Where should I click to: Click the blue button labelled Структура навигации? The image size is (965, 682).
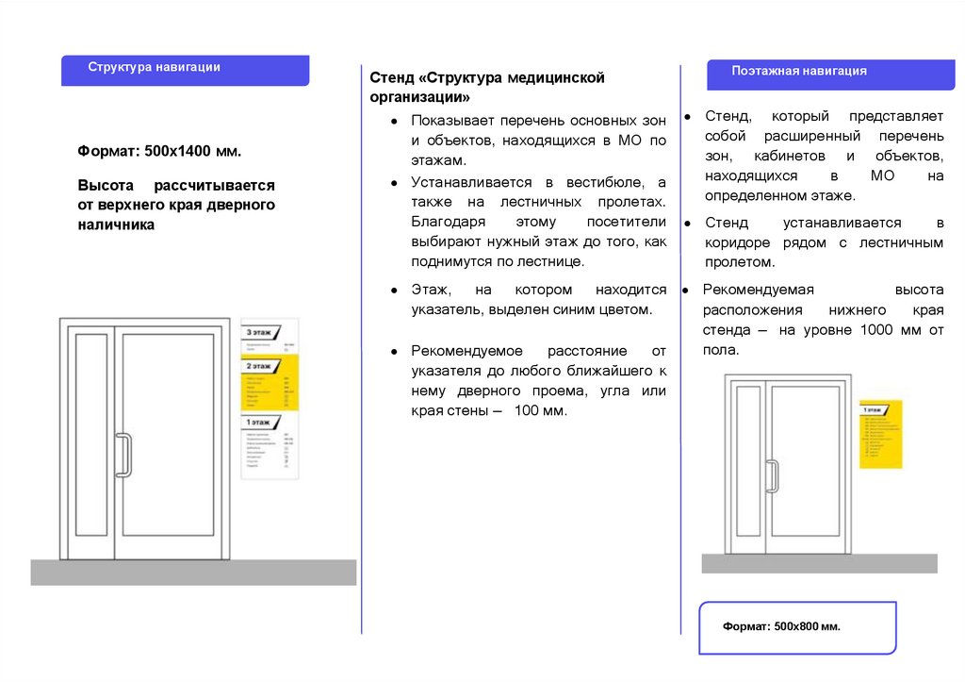click(185, 70)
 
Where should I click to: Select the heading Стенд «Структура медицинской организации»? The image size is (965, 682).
click(486, 87)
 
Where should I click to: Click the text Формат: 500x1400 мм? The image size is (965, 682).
click(159, 151)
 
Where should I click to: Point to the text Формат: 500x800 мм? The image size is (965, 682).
click(781, 626)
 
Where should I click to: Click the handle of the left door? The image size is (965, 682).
click(122, 455)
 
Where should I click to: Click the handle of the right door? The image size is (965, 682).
click(770, 475)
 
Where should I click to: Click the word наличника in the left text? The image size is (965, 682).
click(116, 225)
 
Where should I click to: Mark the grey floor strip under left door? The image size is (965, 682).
click(193, 572)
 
